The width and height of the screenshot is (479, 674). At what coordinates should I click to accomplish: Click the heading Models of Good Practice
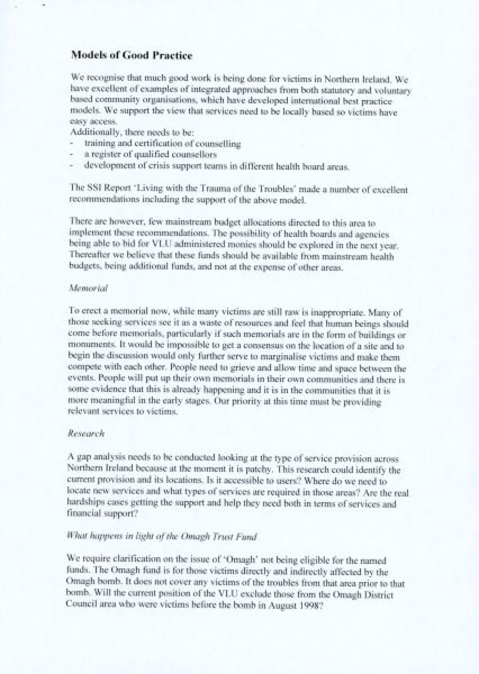[x=131, y=56]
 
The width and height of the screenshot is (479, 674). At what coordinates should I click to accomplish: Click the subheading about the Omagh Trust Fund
[x=162, y=537]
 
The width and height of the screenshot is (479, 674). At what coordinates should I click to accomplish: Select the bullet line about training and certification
[x=162, y=144]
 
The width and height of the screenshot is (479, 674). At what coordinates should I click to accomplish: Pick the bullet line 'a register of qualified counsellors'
[x=150, y=155]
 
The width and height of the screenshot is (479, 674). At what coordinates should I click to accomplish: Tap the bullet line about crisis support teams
[x=217, y=166]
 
